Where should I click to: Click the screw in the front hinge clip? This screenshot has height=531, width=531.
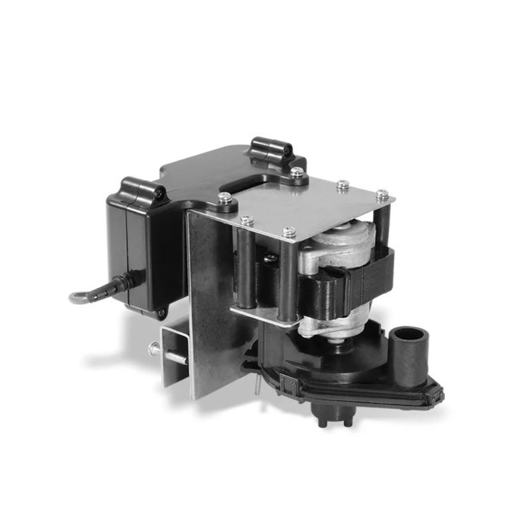(160, 192)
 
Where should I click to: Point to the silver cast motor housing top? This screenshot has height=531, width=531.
(339, 242)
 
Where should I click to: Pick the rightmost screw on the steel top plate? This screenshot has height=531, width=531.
(382, 194)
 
